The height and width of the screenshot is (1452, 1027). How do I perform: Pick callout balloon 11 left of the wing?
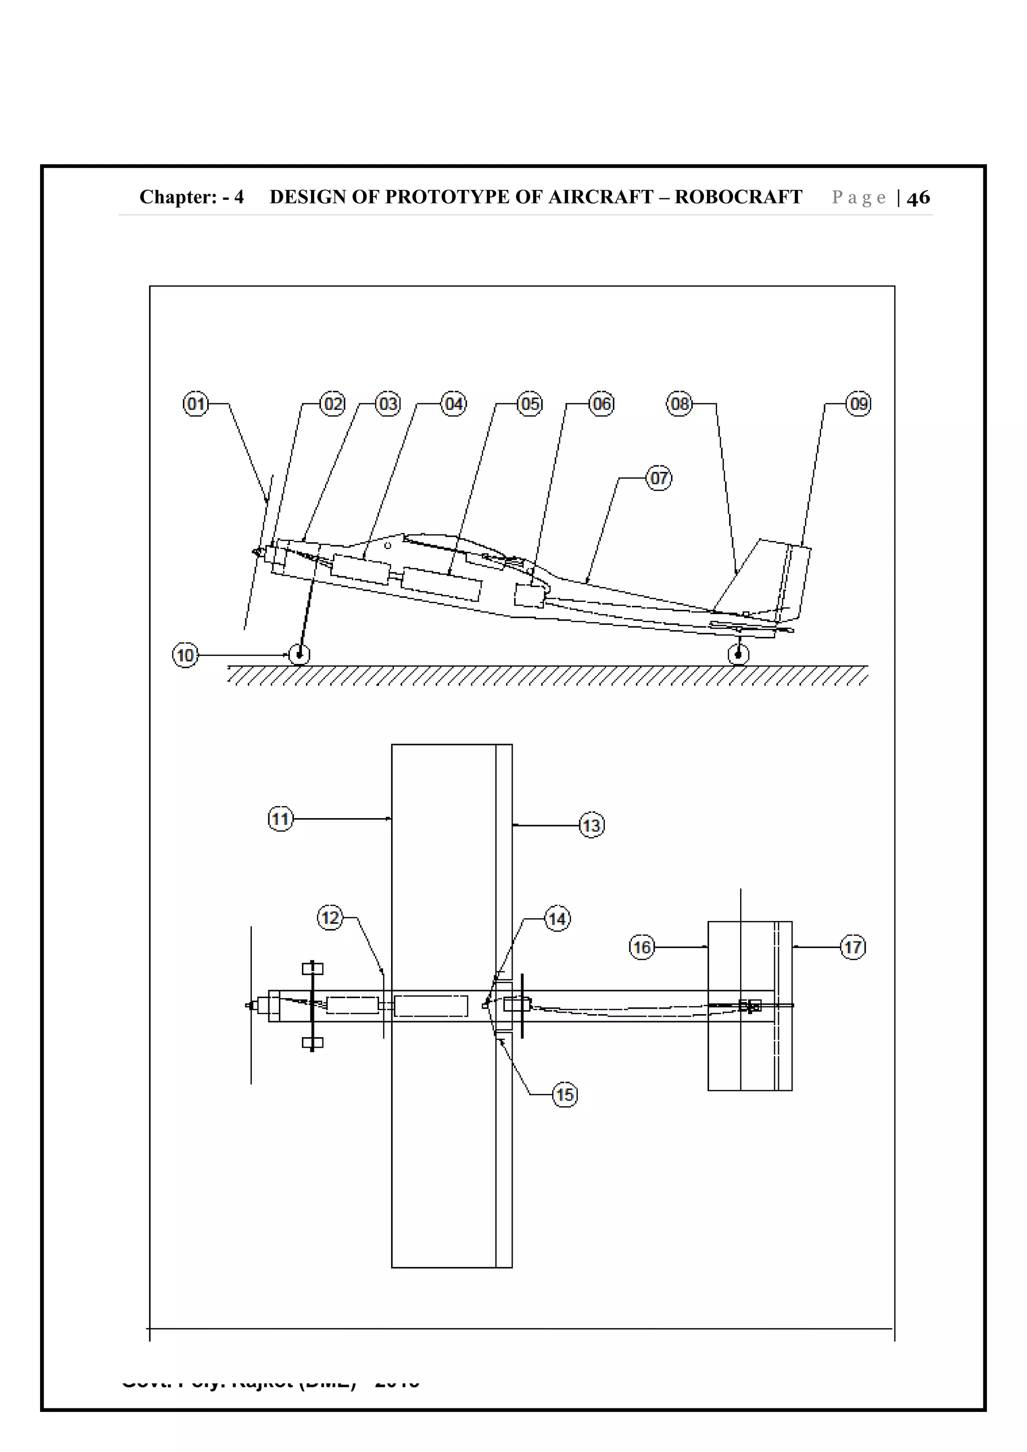[x=280, y=819]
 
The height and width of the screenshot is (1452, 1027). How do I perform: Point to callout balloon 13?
[x=592, y=825]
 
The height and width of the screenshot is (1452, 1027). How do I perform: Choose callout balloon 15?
[x=565, y=1095]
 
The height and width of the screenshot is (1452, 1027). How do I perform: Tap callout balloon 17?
[x=853, y=947]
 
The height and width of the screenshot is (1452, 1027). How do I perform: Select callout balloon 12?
[x=329, y=917]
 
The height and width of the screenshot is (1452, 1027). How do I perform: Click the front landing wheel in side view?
[x=299, y=654]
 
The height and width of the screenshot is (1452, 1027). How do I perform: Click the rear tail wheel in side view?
[x=738, y=654]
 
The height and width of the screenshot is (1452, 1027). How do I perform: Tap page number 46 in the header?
[x=918, y=197]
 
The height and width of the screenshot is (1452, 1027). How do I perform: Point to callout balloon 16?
[x=642, y=947]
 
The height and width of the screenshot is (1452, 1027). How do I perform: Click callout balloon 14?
[x=557, y=918]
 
